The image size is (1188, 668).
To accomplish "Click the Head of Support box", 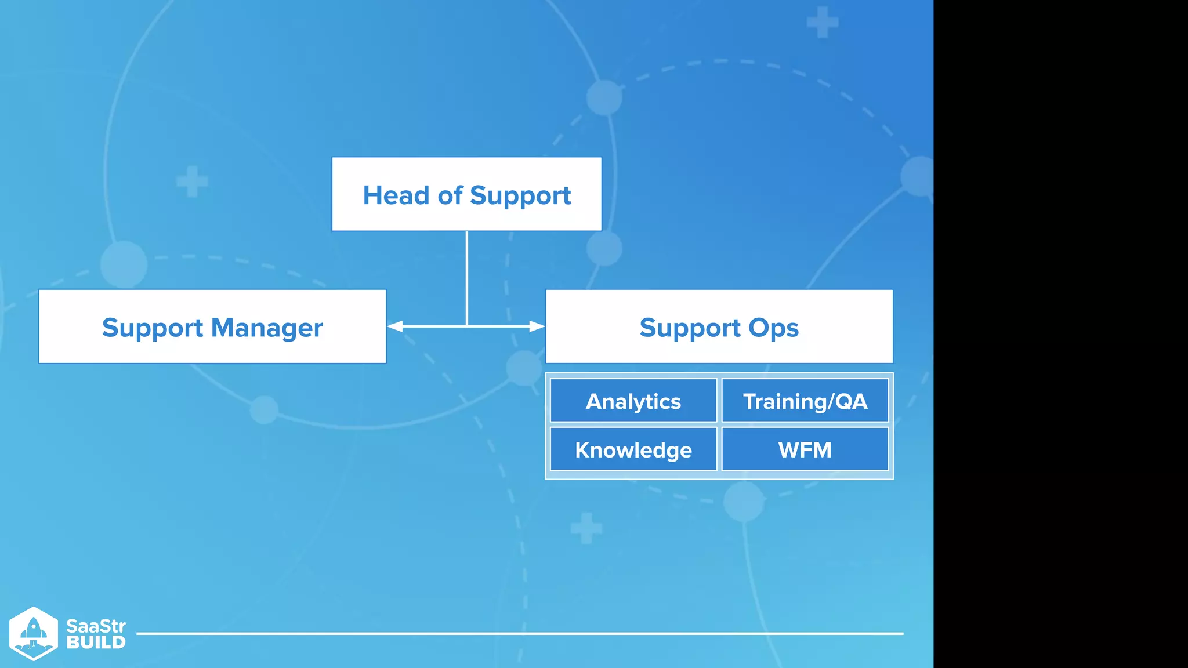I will [466, 194].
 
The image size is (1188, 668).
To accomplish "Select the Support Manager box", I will [212, 326].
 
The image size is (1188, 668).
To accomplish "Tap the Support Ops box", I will [719, 326].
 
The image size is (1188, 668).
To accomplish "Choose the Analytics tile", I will [633, 401].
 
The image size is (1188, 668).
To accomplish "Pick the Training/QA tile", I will [805, 401].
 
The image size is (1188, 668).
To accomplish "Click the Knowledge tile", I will [633, 449].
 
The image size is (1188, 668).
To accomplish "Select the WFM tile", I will [805, 449].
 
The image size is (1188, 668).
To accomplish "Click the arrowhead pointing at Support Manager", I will [395, 326].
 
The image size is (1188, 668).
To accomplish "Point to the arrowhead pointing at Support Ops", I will [537, 326].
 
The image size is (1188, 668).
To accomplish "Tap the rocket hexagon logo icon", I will [34, 633].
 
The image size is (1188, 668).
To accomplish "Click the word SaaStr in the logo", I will [96, 626].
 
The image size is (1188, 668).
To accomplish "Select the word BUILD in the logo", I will [96, 642].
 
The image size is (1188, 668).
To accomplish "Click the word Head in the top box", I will [396, 195].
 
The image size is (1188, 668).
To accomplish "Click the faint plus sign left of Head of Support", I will [192, 181].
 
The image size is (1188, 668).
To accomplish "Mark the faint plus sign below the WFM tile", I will [586, 528].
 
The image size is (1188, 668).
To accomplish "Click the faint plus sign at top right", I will [823, 23].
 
